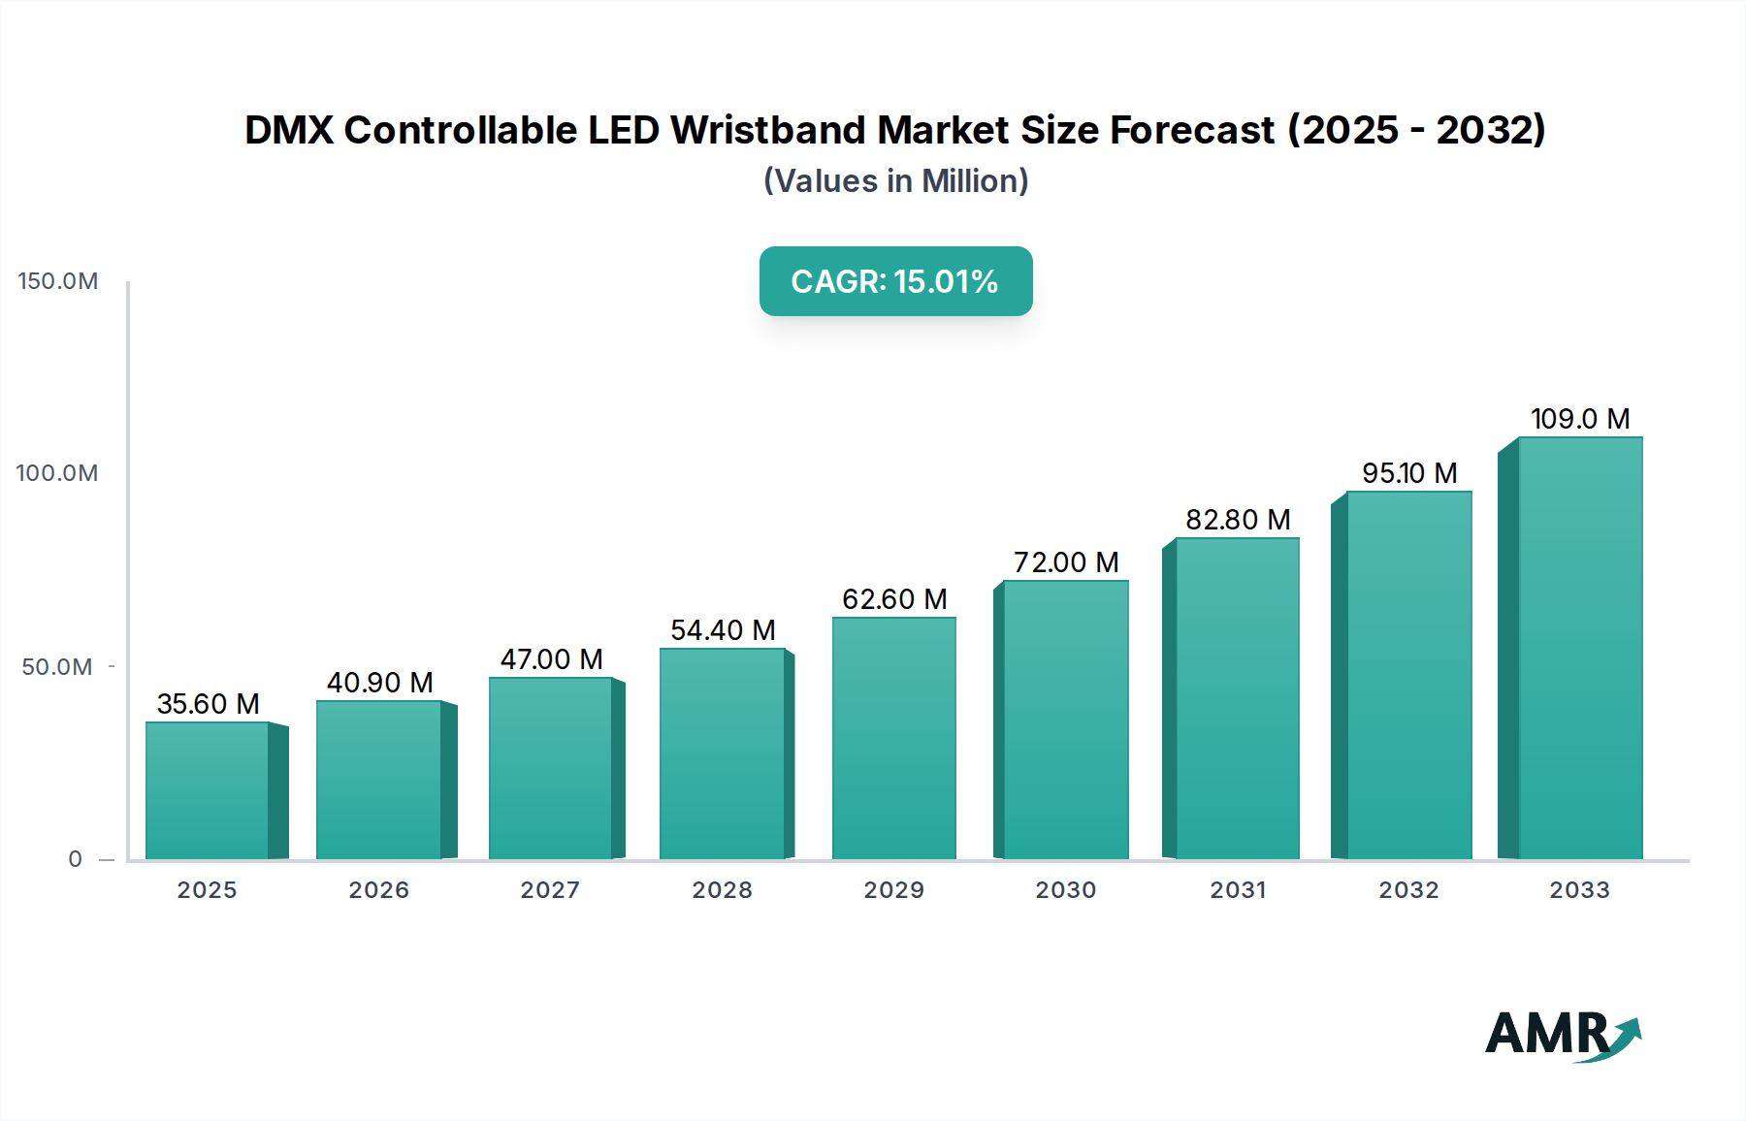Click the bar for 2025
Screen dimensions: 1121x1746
pos(208,790)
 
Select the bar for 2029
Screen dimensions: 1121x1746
pos(893,738)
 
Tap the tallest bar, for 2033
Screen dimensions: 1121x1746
pos(1580,648)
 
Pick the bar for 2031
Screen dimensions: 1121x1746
pos(1237,698)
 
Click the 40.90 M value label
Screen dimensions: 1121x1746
pos(379,683)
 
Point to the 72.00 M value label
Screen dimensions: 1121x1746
pos(1066,562)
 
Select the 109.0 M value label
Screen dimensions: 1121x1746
pos(1580,419)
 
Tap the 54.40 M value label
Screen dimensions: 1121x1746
pos(723,630)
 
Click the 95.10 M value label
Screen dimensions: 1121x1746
pos(1409,473)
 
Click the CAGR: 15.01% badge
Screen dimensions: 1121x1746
pos(895,281)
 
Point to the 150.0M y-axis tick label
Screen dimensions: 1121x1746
pos(58,281)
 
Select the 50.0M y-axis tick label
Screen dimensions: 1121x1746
pos(57,667)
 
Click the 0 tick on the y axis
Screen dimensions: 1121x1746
pos(75,859)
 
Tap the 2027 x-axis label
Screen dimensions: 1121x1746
pos(550,890)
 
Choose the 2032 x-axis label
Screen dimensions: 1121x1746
pos(1408,890)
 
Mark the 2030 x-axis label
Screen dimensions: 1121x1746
pos(1065,890)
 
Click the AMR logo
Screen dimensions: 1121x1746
pos(1562,1036)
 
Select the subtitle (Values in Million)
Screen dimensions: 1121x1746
pos(895,181)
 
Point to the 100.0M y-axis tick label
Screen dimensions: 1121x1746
pos(57,473)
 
